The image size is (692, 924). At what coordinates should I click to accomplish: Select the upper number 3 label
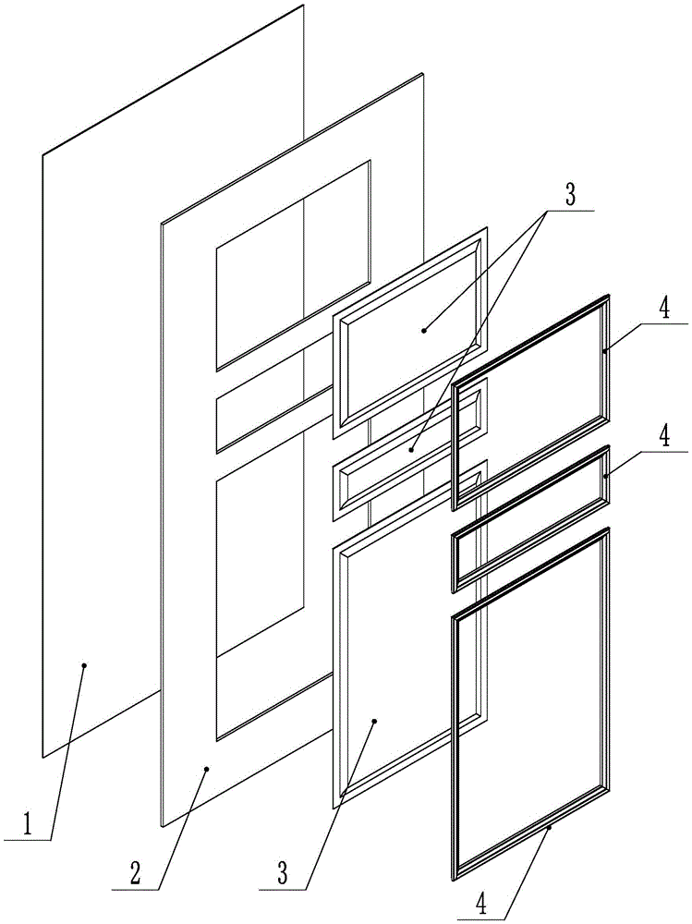coord(570,195)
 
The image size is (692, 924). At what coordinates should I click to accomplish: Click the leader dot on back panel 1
coord(84,663)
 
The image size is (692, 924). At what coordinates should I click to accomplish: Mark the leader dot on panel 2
coord(208,768)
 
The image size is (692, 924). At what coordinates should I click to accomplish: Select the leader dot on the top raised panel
coord(424,328)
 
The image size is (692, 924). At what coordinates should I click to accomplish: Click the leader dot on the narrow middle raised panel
coord(411,450)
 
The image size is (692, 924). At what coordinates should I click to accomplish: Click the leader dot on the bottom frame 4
coord(550,829)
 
